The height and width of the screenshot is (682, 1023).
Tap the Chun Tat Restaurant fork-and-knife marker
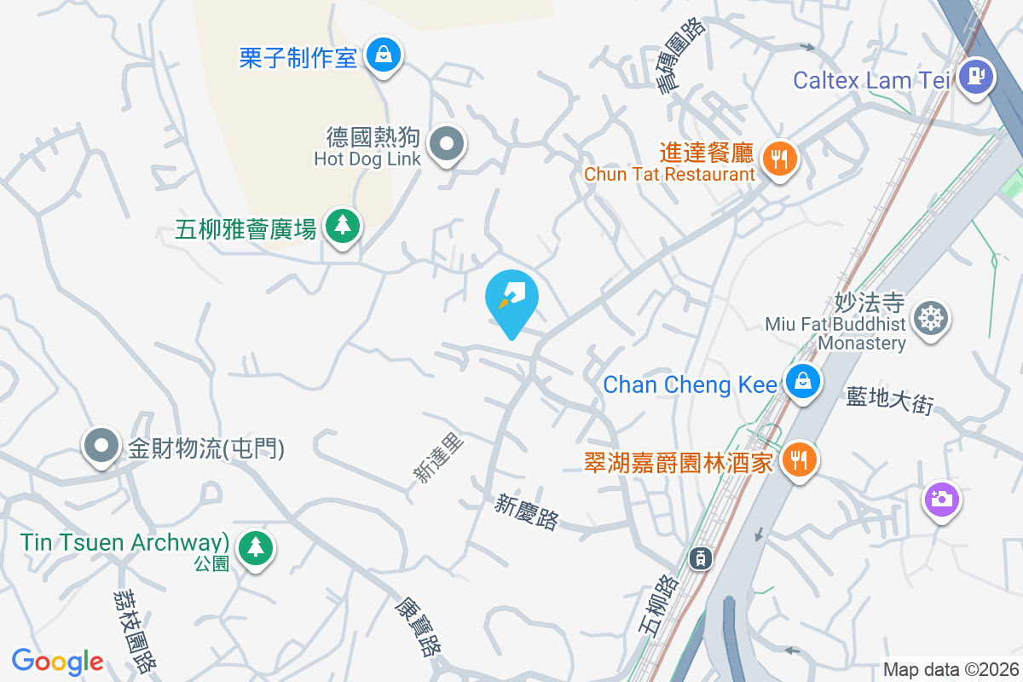pyautogui.click(x=778, y=157)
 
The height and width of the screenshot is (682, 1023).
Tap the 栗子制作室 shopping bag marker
pyautogui.click(x=384, y=55)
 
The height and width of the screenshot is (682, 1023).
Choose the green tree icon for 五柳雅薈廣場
pyautogui.click(x=342, y=225)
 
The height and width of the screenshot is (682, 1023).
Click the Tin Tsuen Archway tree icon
pyautogui.click(x=255, y=546)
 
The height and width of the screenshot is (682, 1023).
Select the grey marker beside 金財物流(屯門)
pyautogui.click(x=101, y=445)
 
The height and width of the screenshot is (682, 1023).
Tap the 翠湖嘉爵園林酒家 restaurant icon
pyautogui.click(x=799, y=459)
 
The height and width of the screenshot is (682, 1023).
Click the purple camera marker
pyautogui.click(x=941, y=499)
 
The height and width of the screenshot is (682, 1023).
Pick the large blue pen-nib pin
pyautogui.click(x=511, y=298)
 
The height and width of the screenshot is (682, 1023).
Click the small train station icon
pyautogui.click(x=700, y=558)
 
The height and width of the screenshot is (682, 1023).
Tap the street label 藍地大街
pyautogui.click(x=890, y=401)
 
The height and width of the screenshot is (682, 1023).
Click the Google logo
pyautogui.click(x=58, y=662)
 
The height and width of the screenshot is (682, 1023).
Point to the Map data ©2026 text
pyautogui.click(x=951, y=669)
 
